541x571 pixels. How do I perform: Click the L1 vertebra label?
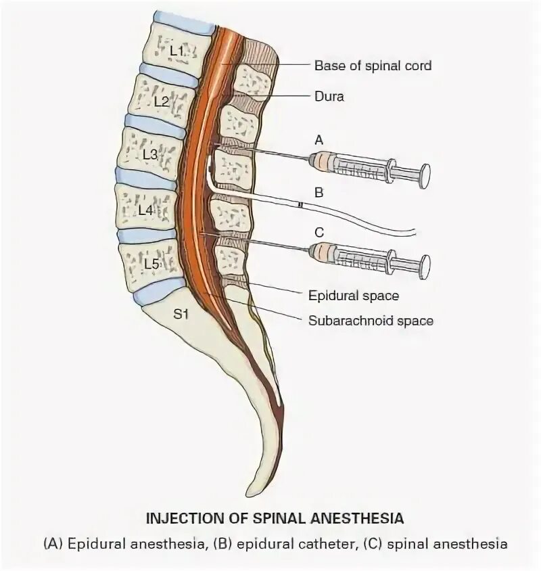(x=177, y=50)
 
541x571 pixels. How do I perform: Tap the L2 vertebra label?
(x=161, y=101)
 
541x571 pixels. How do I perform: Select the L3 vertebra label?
(x=149, y=154)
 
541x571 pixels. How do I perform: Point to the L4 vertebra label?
(x=145, y=210)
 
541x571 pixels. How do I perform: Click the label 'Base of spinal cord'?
(x=373, y=66)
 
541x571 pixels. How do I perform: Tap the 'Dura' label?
(x=329, y=96)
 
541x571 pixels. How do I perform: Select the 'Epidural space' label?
(x=354, y=295)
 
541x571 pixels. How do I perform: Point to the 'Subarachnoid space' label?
(x=371, y=321)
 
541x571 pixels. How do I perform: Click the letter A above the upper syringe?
(x=320, y=139)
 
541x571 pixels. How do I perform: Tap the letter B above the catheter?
(x=320, y=193)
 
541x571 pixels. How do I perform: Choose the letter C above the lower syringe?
(x=320, y=231)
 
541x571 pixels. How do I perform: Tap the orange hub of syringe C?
(x=323, y=252)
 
